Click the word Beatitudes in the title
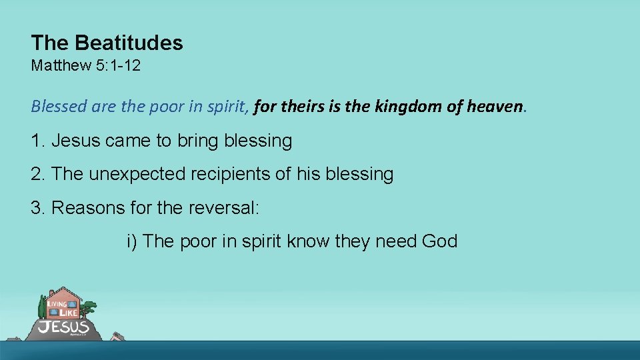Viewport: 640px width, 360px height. point(129,43)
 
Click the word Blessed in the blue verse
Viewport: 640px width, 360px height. point(54,107)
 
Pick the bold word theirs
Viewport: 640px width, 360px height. point(303,106)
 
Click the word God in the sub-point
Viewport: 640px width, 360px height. point(439,241)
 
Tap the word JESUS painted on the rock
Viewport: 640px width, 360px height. point(64,327)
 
